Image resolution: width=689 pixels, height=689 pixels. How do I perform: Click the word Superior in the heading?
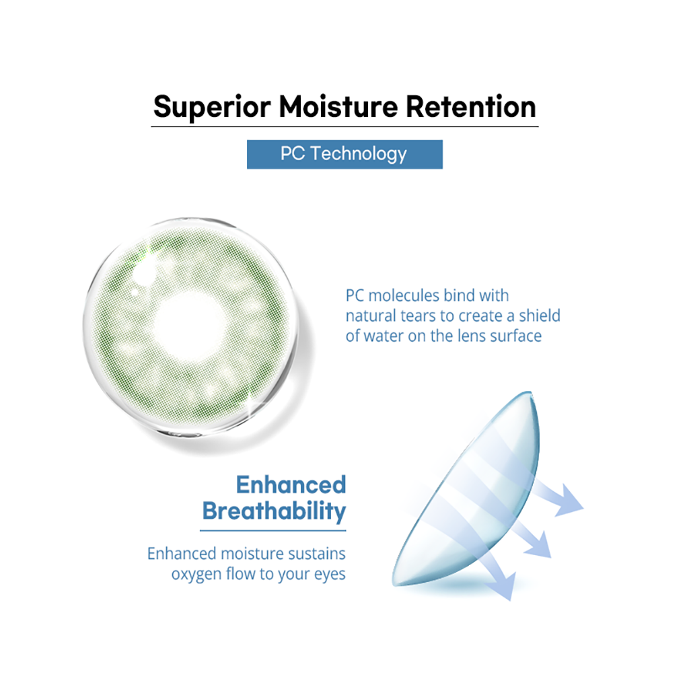point(212,107)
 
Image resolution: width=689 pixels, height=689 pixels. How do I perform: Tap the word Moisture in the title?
point(338,106)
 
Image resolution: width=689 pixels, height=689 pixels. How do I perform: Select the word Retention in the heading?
point(470,106)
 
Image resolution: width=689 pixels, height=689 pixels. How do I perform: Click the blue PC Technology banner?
point(344,154)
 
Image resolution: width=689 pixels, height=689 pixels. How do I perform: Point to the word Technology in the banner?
point(359,154)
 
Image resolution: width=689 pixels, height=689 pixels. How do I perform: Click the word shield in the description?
point(540,316)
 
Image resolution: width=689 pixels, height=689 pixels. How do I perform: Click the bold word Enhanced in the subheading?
point(291,484)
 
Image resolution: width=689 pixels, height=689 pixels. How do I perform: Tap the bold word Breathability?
point(274,511)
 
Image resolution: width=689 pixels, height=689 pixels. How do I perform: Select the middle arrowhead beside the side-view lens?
point(539,545)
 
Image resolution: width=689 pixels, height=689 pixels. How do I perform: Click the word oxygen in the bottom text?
point(196,575)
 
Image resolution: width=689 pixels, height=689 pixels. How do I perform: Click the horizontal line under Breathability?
point(273,530)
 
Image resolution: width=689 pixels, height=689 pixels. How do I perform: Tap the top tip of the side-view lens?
point(530,392)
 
